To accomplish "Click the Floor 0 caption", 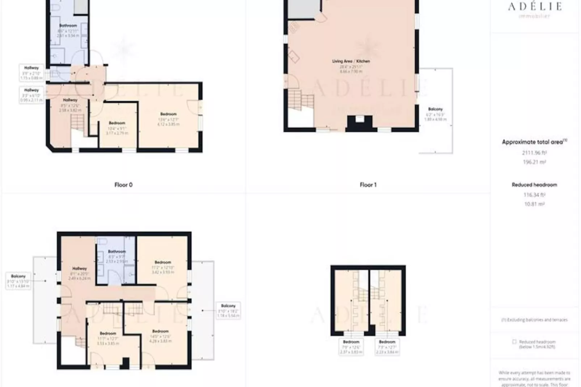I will (x=123, y=185).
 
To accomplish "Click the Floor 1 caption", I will (x=368, y=185).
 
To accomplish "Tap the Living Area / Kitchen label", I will (x=351, y=61).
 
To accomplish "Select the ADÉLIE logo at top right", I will (x=535, y=7).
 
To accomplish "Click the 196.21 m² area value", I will (x=534, y=162).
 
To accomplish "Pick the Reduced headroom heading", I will (x=534, y=185).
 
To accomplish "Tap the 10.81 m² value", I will (x=534, y=204).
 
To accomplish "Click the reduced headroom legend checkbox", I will (x=514, y=342).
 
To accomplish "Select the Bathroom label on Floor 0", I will (x=68, y=26).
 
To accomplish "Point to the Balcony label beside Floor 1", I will (x=435, y=109).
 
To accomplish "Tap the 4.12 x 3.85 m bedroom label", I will (x=168, y=119).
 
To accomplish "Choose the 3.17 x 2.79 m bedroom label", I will (x=117, y=128).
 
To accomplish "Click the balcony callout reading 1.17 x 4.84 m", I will (x=18, y=281).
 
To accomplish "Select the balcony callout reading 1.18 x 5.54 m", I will (x=228, y=311).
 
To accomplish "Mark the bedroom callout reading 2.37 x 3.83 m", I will (x=351, y=347).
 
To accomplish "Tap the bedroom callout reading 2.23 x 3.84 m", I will (x=387, y=347).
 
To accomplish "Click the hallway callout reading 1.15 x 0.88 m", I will (x=31, y=73).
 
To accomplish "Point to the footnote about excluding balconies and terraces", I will (x=534, y=320).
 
